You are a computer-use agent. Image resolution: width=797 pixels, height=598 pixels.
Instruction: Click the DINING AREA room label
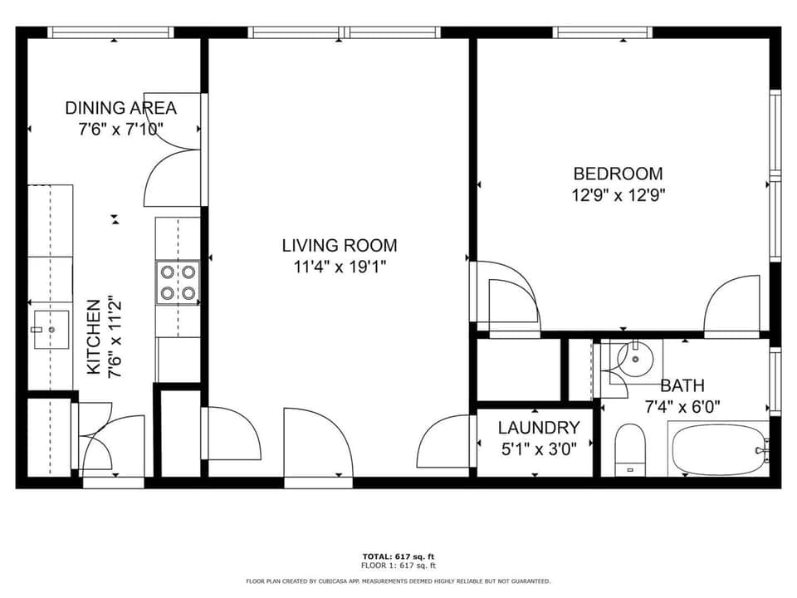120,108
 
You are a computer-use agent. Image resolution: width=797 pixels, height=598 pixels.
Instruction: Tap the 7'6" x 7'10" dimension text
120,129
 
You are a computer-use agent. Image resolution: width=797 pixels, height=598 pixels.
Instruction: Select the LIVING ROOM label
339,245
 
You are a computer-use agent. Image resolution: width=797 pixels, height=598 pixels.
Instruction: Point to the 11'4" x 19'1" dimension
339,267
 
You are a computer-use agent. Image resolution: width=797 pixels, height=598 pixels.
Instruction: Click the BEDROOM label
618,174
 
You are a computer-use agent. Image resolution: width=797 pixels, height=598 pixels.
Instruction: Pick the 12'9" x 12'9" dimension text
618,195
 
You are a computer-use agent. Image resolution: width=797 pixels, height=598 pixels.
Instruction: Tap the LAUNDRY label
538,429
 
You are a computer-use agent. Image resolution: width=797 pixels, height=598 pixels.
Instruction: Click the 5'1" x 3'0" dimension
538,449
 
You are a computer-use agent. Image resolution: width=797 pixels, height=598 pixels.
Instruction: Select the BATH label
682,385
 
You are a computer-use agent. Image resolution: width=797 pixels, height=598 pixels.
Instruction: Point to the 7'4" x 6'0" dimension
682,407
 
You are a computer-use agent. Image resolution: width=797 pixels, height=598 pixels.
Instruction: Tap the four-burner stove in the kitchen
178,282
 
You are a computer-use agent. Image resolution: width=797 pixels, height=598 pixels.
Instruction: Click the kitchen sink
49,330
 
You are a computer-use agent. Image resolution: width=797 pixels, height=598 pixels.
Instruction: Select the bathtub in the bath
719,449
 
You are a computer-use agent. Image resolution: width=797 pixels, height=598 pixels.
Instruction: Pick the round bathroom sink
637,359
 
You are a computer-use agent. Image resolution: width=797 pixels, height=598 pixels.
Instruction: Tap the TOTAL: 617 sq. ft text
398,556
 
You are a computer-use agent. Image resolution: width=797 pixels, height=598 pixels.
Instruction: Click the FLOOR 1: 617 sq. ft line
398,565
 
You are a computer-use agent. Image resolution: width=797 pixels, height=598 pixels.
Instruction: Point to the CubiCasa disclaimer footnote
398,581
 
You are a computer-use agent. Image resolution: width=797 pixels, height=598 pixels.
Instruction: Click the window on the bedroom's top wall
603,32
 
